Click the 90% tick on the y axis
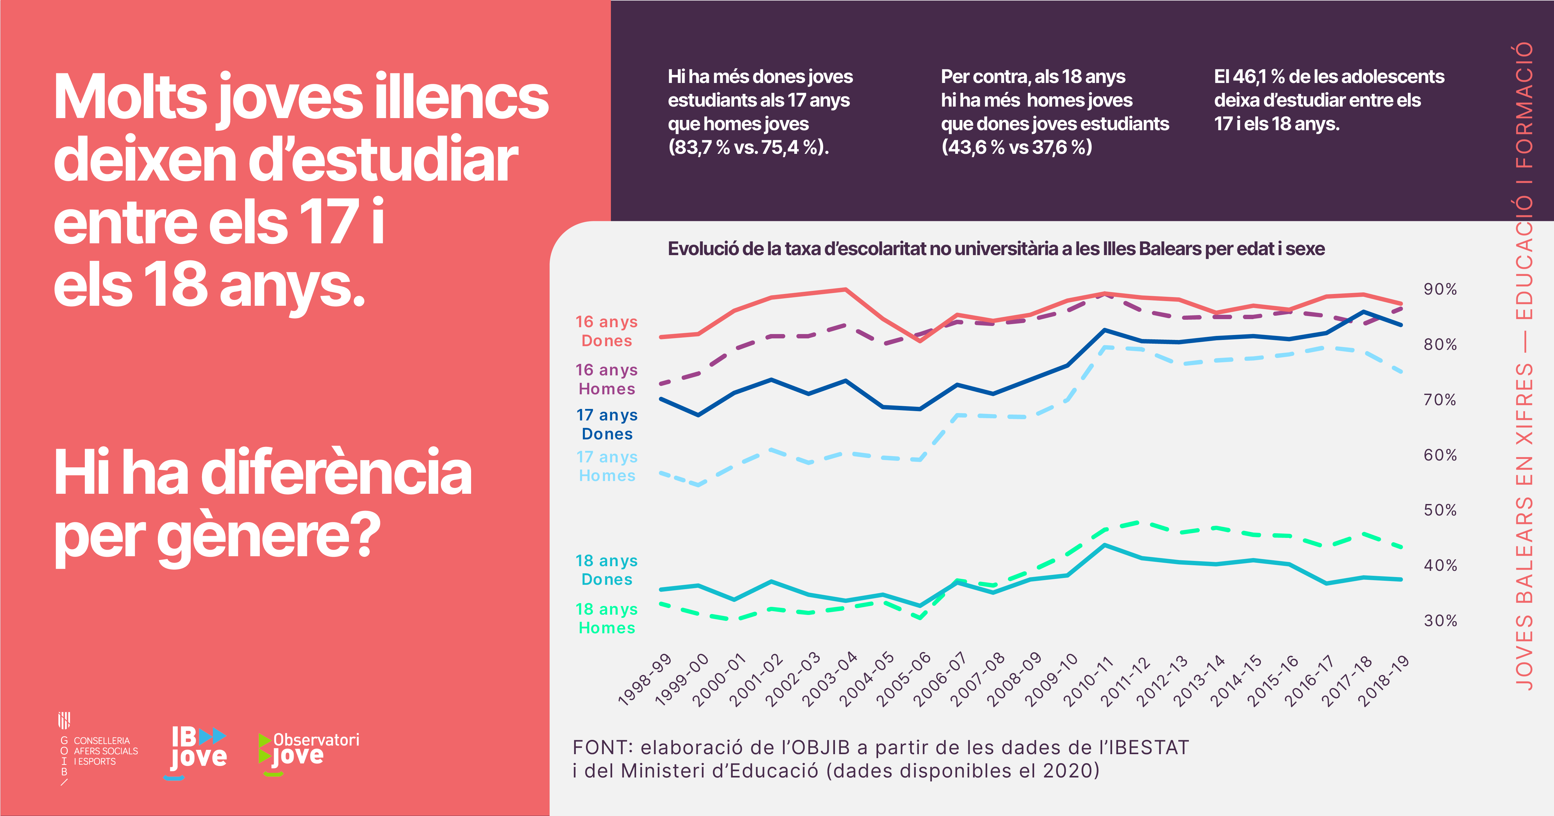click(x=1440, y=290)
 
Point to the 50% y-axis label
click(x=1440, y=510)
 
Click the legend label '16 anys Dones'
click(x=606, y=331)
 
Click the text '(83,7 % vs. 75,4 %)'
click(x=748, y=147)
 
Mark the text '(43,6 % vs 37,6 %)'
click(x=1016, y=147)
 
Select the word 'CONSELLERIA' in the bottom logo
click(x=101, y=740)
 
